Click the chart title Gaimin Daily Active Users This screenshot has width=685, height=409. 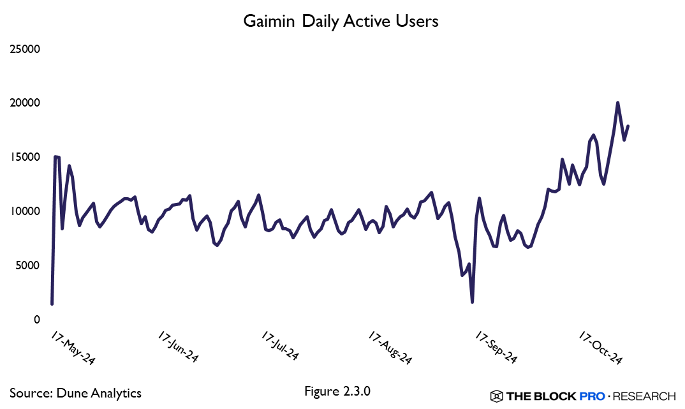tap(341, 21)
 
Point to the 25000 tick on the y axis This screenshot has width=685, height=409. tap(25, 48)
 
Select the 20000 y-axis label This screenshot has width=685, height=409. tap(25, 103)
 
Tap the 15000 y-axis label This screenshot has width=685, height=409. tap(25, 157)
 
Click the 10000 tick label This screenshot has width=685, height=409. tap(25, 211)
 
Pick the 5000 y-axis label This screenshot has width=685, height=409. tap(27, 265)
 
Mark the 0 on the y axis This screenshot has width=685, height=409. tap(38, 320)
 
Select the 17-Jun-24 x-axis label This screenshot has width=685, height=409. tap(178, 348)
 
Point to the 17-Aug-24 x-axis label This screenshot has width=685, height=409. tap(390, 348)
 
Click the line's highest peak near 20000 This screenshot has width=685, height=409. tap(617, 103)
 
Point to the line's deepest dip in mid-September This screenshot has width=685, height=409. tap(472, 302)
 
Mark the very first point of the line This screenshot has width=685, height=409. tap(52, 304)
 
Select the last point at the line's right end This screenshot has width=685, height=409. tap(628, 126)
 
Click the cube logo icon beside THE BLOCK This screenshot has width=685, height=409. tap(496, 396)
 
